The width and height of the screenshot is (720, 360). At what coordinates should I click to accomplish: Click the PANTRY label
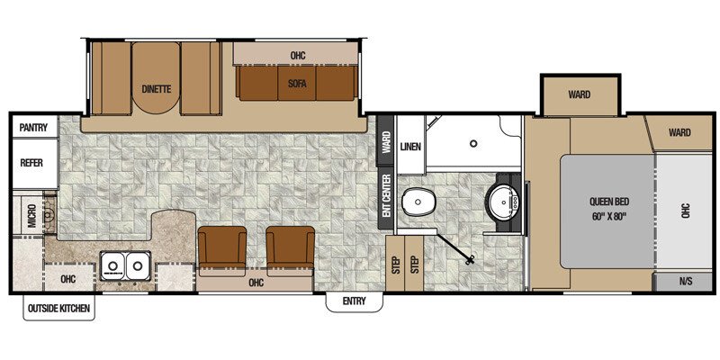click(32, 128)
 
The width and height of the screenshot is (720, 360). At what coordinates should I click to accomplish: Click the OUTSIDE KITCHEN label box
click(58, 309)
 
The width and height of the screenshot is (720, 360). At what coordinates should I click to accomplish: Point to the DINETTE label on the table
click(157, 88)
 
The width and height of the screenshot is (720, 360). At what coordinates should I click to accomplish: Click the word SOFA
click(298, 82)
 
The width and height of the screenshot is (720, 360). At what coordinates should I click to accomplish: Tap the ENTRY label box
click(353, 301)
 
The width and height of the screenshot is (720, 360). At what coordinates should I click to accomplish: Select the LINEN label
click(410, 147)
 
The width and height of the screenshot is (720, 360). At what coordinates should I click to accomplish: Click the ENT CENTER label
click(385, 194)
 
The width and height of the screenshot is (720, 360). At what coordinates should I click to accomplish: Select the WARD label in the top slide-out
click(579, 94)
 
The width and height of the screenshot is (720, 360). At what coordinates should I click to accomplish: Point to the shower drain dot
click(474, 143)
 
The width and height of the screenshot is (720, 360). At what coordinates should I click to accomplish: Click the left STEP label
click(395, 265)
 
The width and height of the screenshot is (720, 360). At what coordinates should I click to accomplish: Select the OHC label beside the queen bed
click(684, 211)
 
